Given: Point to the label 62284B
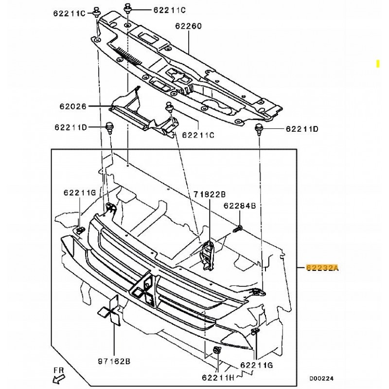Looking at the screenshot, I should click(240, 206).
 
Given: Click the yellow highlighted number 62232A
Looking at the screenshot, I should click(322, 267).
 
